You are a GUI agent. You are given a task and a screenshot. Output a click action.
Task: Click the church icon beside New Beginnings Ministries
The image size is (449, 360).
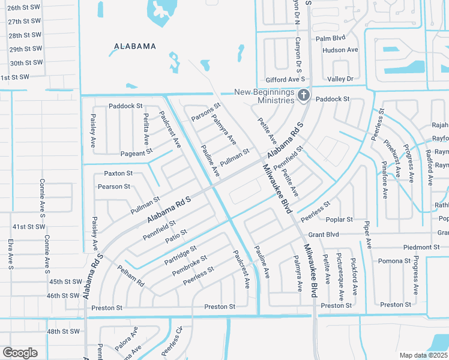click(x=304, y=95)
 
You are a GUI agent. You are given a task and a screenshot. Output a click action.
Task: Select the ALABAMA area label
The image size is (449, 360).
click(x=136, y=46)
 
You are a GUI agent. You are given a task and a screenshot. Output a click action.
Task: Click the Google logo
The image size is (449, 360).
click(x=20, y=353)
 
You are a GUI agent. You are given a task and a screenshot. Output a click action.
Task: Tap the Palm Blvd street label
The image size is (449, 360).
click(x=331, y=38)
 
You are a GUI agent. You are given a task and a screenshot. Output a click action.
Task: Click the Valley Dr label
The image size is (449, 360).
click(x=340, y=79)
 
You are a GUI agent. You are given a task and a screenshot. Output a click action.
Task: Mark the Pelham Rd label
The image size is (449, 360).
click(x=131, y=275)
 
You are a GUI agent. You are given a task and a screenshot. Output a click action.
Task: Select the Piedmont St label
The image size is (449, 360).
click(x=421, y=247)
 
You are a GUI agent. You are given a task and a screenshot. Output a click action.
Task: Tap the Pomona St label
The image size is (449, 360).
click(x=394, y=261)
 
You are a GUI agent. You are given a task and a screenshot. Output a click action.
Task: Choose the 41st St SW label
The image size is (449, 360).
click(x=29, y=227)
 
